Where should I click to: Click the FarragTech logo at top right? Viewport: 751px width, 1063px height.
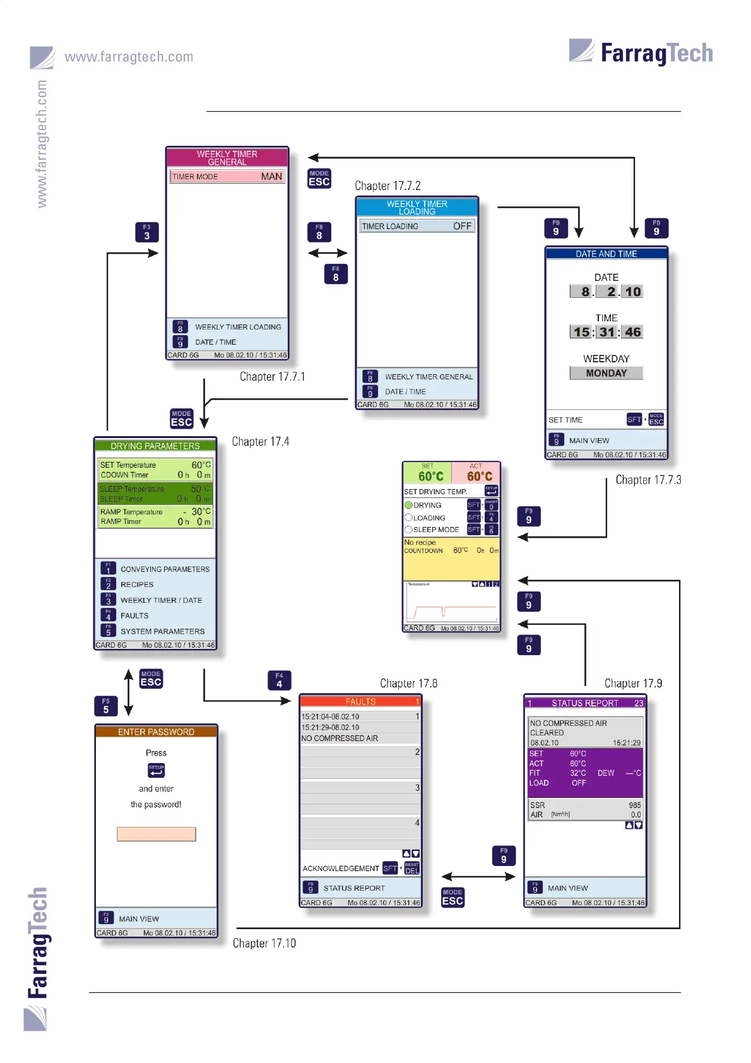tap(641, 52)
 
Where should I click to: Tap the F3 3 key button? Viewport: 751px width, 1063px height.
tap(146, 232)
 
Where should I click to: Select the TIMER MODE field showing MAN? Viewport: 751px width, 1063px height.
tap(227, 177)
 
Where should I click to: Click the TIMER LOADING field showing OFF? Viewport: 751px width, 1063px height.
tap(417, 226)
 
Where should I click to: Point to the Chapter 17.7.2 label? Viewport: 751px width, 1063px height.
tap(387, 186)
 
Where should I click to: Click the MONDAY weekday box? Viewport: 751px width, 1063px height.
tap(606, 373)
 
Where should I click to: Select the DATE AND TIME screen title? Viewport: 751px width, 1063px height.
tap(606, 254)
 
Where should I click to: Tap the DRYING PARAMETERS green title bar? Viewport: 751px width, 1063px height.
tap(155, 446)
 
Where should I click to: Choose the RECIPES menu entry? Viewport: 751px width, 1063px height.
tap(137, 585)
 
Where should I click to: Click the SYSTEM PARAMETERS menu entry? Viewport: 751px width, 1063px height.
tap(162, 631)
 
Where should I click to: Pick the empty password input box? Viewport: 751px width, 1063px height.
tap(156, 834)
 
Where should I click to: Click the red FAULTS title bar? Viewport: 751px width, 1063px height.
tap(360, 701)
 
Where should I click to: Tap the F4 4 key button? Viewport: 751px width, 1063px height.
tap(279, 680)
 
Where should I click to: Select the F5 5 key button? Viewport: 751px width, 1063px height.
tap(105, 706)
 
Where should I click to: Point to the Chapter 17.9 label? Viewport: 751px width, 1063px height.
tap(633, 683)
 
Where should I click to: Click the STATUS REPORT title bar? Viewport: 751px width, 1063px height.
tap(585, 703)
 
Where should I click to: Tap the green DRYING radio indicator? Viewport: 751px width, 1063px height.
tap(408, 505)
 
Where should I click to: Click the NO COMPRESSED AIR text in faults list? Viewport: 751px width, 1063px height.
tap(340, 738)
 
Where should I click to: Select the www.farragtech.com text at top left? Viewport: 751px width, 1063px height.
tap(129, 57)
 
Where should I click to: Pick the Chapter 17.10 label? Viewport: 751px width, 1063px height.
tap(264, 943)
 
